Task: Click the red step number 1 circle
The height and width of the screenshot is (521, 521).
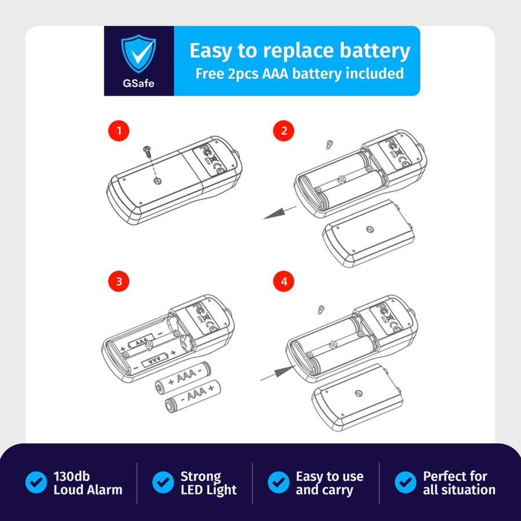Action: coord(119,131)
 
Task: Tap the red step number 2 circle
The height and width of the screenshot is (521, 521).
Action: coord(284,131)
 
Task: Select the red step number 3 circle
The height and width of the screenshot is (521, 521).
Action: coord(119,282)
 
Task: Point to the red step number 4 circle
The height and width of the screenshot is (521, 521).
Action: coord(284,282)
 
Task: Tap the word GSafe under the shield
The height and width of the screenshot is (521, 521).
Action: coord(138,83)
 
